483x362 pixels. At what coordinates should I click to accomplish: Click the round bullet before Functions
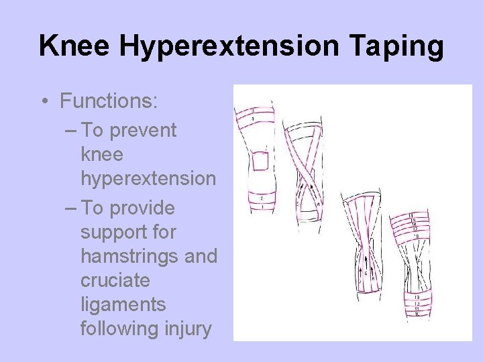pos(44,102)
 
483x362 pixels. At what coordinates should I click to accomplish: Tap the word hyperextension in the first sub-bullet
pos(148,179)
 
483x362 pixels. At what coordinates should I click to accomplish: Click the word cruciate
pos(115,280)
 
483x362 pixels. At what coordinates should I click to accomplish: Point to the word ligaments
pos(123,304)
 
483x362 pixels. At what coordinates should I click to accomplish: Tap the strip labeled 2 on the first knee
pos(256,198)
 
